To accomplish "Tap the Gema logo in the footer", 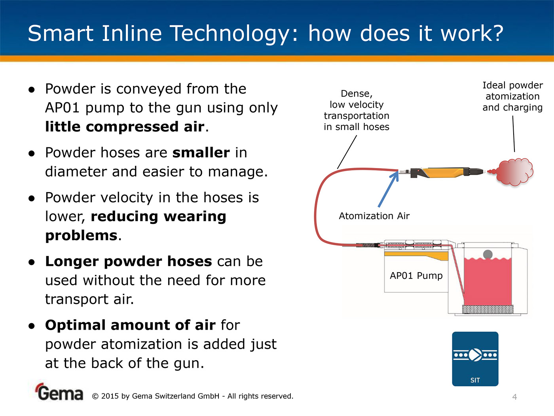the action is [59, 392].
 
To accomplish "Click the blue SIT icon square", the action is [475, 359].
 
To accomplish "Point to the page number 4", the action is [515, 397].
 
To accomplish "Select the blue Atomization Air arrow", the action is [388, 189].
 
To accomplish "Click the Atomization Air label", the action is [374, 216].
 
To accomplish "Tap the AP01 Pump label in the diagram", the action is [416, 276].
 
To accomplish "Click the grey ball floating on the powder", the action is [488, 254].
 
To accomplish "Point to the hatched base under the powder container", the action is [488, 309].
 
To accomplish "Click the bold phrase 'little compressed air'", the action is [125, 127].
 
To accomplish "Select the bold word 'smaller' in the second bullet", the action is [201, 153].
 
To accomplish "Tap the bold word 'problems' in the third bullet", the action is [81, 236].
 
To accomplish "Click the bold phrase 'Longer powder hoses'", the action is [129, 261].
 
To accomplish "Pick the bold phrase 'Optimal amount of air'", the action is [130, 325].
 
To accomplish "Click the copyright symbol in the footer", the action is [95, 396].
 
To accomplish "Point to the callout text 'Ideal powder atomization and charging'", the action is [512, 97].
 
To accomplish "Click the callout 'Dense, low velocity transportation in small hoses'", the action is [357, 111].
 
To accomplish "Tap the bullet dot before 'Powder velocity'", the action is [32, 198].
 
